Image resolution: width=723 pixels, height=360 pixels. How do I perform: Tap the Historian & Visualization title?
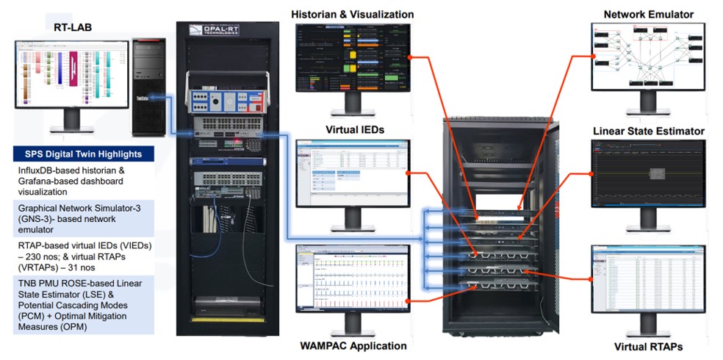tap(352, 14)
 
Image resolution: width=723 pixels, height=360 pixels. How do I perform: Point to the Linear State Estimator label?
tap(649, 131)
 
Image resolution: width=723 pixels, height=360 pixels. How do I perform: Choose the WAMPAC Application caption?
tap(353, 345)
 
